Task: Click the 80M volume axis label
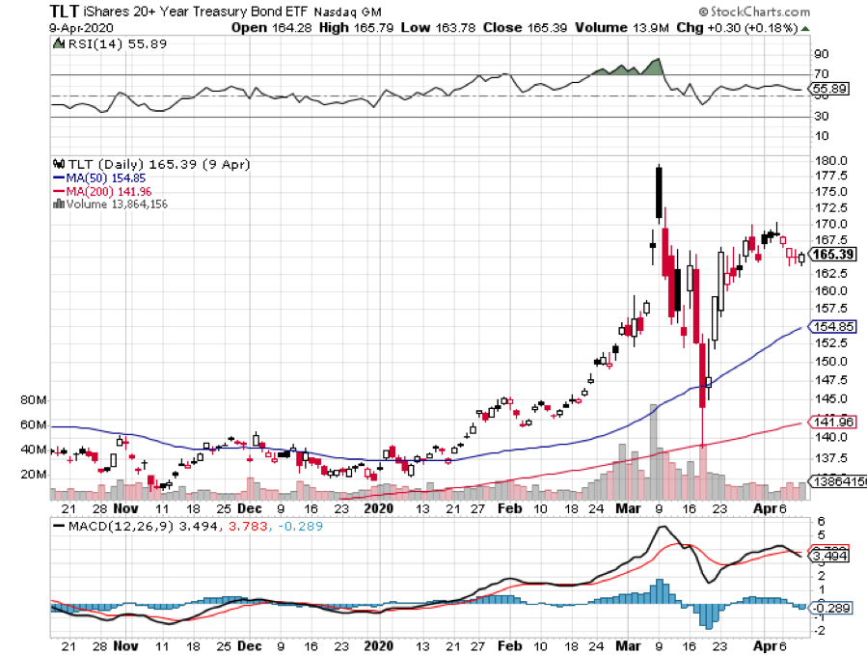[33, 399]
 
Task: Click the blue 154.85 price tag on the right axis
[833, 327]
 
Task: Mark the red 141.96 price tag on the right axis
[833, 422]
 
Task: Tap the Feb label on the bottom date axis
[504, 645]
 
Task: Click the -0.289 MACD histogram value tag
[831, 608]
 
